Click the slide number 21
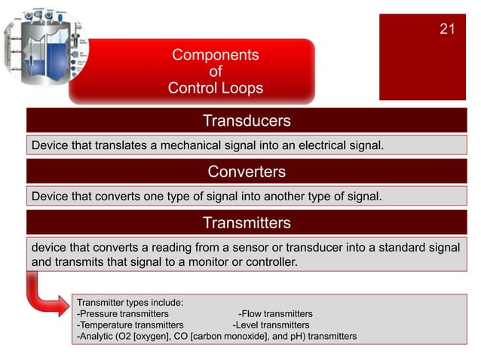447,29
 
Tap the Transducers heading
247,121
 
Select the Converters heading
247,172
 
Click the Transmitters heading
247,223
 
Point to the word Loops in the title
242,88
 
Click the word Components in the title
216,55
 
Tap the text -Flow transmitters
275,313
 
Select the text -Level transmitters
271,325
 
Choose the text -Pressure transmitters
123,313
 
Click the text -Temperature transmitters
130,325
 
